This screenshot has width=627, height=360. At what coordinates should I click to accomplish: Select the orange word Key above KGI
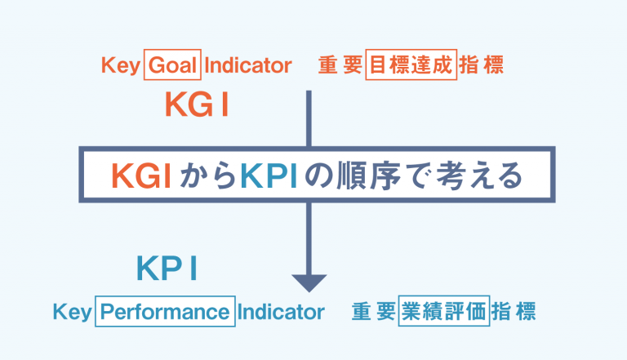click(x=120, y=65)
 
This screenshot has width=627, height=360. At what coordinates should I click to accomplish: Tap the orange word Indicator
click(x=248, y=65)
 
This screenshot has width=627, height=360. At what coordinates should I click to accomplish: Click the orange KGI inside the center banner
click(x=141, y=176)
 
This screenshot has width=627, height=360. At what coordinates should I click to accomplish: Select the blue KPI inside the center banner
click(x=273, y=176)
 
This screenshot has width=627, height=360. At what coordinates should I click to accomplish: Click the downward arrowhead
click(x=309, y=281)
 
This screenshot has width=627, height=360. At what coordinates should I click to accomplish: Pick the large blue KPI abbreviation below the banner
click(x=167, y=269)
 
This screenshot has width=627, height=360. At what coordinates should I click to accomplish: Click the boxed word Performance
click(x=165, y=313)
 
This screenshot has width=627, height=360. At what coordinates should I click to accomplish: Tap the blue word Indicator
click(x=282, y=313)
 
